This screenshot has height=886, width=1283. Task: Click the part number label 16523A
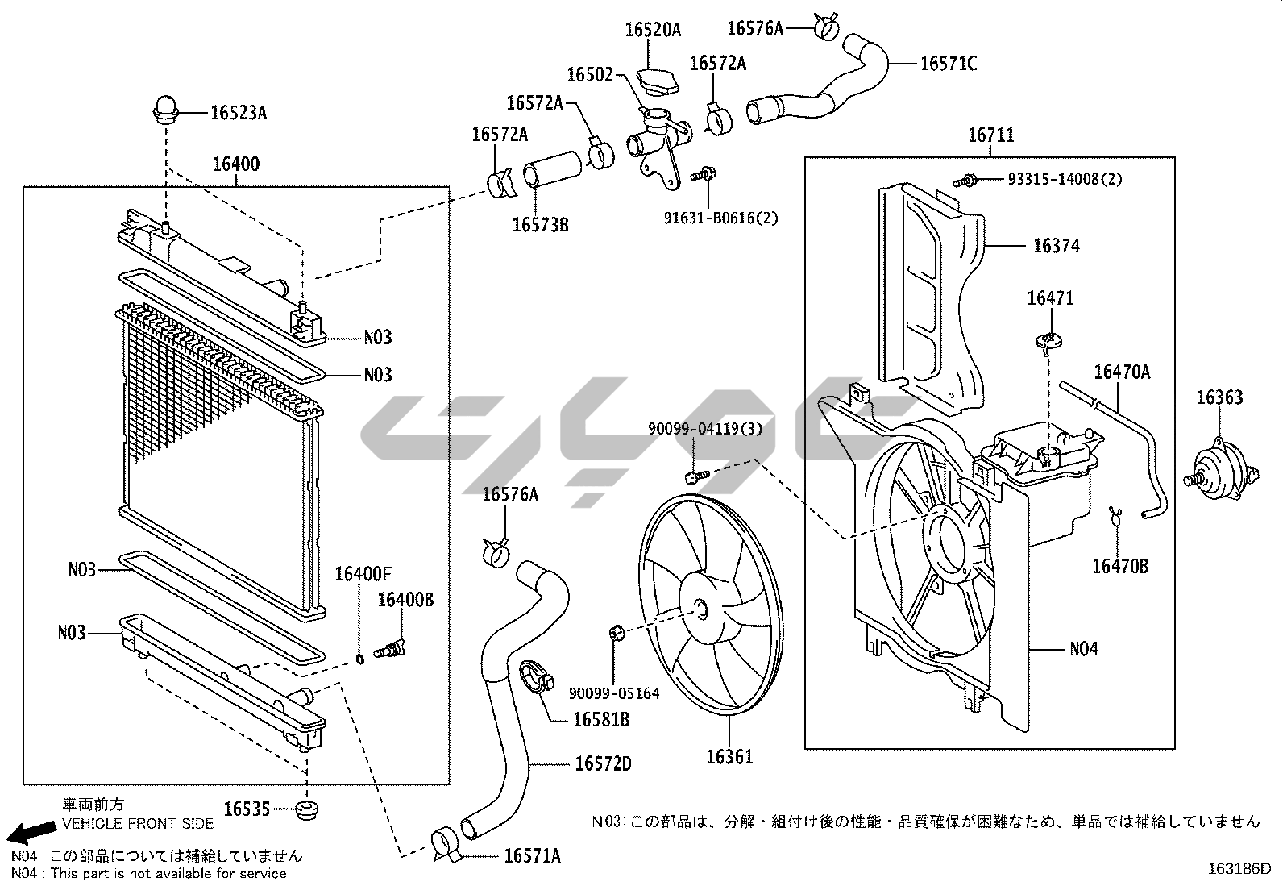point(239,113)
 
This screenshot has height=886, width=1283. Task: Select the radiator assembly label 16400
point(236,164)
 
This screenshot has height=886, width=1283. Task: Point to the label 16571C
point(949,63)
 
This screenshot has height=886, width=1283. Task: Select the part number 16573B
point(540,224)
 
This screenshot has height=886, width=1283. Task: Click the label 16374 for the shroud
point(1057,246)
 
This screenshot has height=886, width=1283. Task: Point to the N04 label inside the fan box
point(1084,648)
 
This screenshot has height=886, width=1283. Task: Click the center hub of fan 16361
point(699,609)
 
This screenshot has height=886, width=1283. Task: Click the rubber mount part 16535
point(306,809)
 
